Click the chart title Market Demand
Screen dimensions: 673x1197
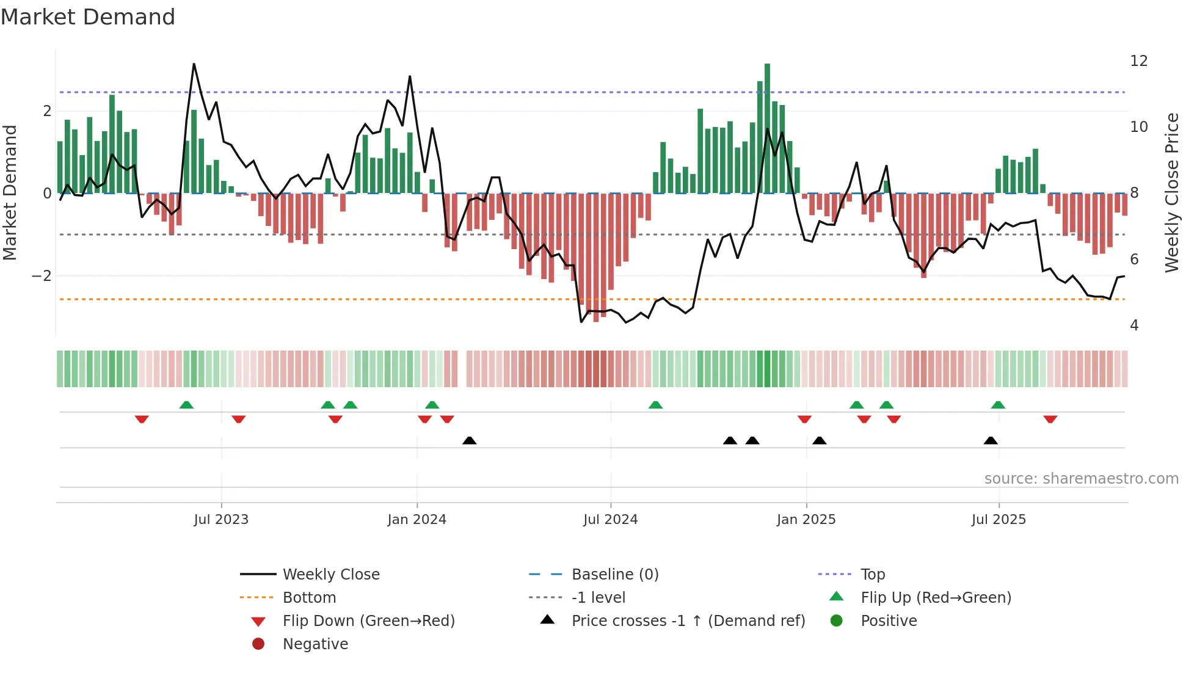tap(88, 17)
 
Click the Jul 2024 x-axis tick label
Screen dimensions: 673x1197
tap(610, 520)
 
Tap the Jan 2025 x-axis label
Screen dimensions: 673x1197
tap(806, 520)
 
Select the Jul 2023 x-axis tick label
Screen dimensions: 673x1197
tap(221, 520)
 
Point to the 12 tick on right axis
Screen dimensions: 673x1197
tap(1138, 61)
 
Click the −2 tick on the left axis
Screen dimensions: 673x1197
tap(42, 276)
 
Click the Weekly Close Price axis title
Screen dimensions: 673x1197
tap(1171, 192)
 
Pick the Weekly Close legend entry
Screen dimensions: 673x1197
tap(330, 575)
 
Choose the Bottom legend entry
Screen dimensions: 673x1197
tap(309, 598)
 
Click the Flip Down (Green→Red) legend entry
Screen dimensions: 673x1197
tap(368, 621)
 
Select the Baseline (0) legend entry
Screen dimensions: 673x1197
tap(614, 575)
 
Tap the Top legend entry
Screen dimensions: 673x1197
tap(873, 575)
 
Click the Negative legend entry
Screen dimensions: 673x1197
tap(315, 644)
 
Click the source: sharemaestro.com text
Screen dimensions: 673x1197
tap(1081, 479)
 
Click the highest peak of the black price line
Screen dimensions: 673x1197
tap(194, 64)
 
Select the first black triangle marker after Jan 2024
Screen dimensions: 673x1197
tap(469, 440)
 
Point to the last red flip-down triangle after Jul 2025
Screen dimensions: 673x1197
tap(1050, 420)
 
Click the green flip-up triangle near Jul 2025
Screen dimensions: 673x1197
tap(998, 405)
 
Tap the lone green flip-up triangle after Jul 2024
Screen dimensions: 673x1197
tap(655, 405)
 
